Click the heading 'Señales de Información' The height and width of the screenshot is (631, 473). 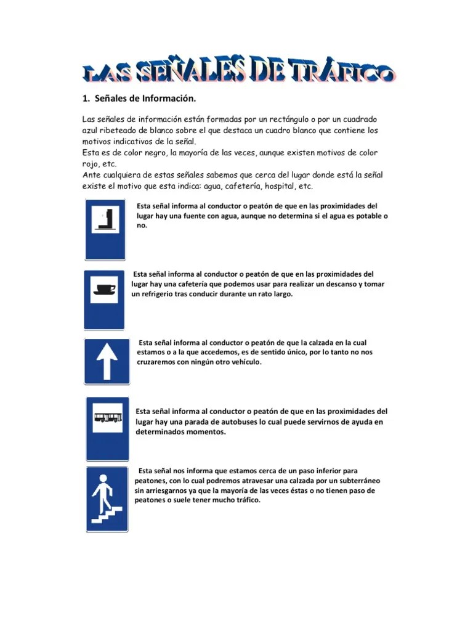[x=144, y=98]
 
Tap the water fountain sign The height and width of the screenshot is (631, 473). [x=105, y=229]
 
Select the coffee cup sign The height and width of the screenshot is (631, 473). [x=104, y=299]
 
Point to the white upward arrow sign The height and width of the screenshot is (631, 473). [x=107, y=360]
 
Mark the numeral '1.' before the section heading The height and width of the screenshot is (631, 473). [x=86, y=98]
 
